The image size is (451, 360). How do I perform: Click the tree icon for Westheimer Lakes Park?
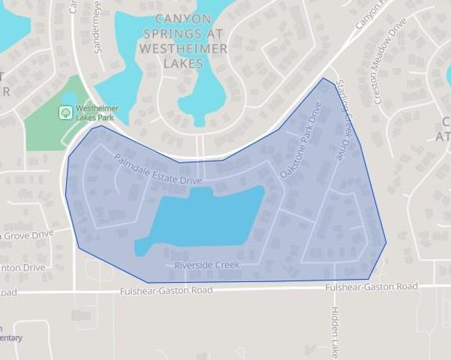(x=65, y=112)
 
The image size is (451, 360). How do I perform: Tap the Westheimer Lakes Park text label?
(x=98, y=113)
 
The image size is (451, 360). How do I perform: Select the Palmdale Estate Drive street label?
(x=158, y=170)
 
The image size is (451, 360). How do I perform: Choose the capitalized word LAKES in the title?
(x=182, y=64)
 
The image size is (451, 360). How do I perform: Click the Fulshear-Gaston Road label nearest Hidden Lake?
(x=371, y=286)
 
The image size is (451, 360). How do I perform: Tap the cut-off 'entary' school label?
(x=11, y=338)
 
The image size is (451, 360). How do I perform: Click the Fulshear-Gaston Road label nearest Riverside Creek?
(x=166, y=289)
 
